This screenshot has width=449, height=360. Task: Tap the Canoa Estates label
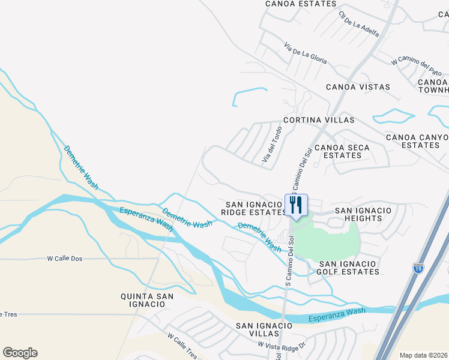(301, 4)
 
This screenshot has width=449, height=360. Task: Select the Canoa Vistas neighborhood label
(358, 87)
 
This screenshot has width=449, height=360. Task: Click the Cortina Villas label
(319, 120)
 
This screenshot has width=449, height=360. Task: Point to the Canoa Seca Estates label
(342, 151)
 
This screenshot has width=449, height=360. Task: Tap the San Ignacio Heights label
(363, 214)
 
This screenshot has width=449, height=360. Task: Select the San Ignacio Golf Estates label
(349, 268)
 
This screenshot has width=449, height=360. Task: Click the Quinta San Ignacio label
(147, 300)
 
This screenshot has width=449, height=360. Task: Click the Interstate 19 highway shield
(418, 268)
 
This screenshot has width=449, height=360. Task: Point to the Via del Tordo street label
(271, 145)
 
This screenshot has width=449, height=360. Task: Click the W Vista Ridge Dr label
(282, 345)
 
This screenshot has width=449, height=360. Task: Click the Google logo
(20, 353)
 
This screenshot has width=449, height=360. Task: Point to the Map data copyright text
(424, 355)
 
